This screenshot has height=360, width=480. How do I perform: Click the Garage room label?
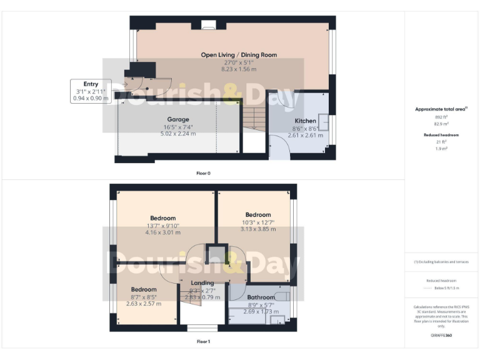[x=177, y=119]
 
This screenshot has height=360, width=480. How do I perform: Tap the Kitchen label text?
[x=306, y=121]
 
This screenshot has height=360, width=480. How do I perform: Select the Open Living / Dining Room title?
[x=239, y=55]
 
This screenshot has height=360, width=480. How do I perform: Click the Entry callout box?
[x=91, y=91]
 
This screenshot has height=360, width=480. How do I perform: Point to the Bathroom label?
[x=261, y=297]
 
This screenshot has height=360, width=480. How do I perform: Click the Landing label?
[x=202, y=283]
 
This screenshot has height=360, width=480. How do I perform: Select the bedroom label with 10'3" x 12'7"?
[x=257, y=215]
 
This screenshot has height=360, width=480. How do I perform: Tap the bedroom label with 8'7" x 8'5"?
[x=144, y=290]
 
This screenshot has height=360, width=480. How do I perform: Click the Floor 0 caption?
[x=203, y=173]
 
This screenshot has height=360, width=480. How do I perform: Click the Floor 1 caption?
[x=203, y=342]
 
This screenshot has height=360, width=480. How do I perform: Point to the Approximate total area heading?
[x=441, y=109]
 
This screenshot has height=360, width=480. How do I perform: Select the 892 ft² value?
[x=442, y=117]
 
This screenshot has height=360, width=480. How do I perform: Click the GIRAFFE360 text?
[x=441, y=336]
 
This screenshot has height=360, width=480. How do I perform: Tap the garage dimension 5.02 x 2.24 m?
[x=177, y=133]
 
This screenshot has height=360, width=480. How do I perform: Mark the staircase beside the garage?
[x=252, y=117]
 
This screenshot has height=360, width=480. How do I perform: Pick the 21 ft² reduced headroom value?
[x=442, y=142]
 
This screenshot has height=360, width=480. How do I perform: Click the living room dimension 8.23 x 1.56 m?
[x=239, y=69]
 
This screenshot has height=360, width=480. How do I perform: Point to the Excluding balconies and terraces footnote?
[x=441, y=262]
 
